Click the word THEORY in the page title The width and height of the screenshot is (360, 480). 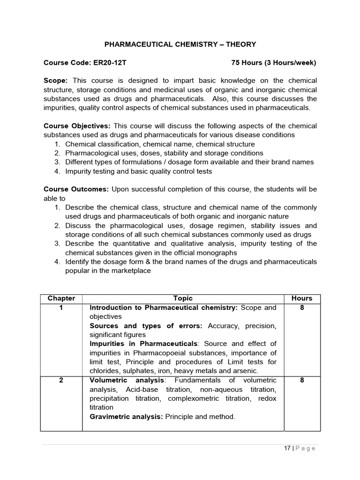241,45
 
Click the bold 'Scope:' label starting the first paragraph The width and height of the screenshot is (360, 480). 56,81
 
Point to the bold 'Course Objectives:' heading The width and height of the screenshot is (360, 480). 77,126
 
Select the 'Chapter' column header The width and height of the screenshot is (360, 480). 61,299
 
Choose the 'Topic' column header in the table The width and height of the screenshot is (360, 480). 183,299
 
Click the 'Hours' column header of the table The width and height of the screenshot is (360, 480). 302,299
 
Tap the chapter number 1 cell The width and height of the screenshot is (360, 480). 61,308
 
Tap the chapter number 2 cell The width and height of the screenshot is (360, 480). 61,381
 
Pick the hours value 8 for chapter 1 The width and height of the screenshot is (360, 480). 302,308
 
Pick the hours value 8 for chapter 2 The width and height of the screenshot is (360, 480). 302,381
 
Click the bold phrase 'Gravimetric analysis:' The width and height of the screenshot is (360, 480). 126,417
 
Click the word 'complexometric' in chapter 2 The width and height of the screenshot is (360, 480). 193,398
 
